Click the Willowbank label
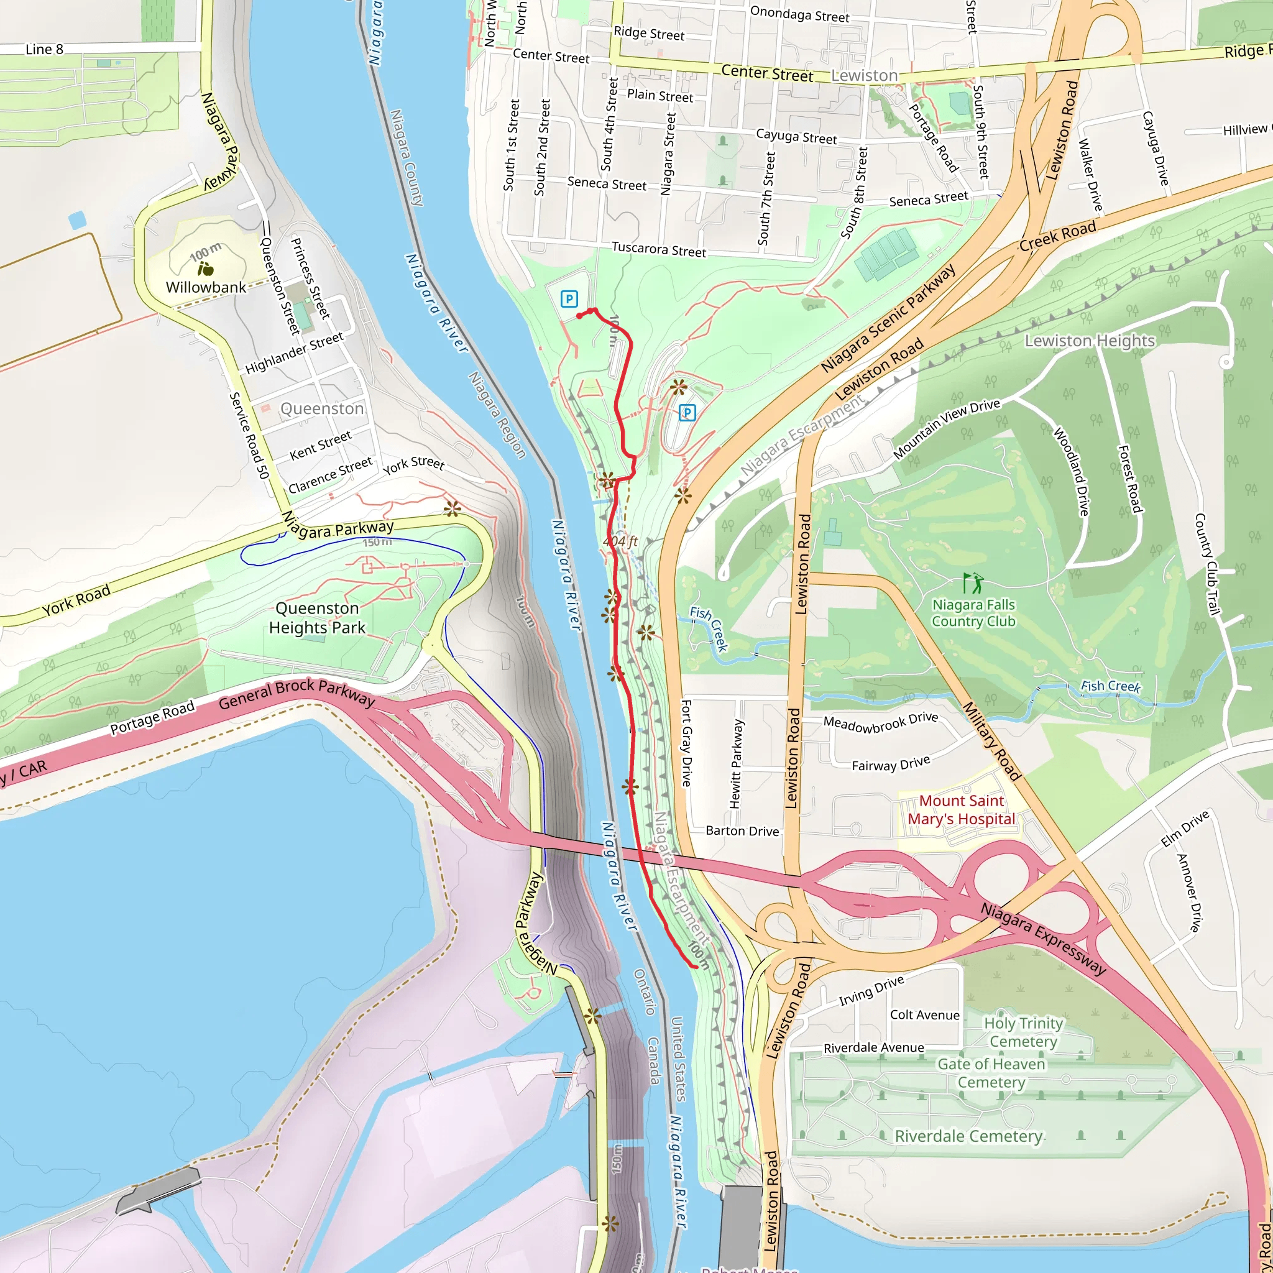(206, 287)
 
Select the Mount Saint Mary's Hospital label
(962, 810)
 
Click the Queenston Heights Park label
(317, 618)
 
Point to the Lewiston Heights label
(1089, 341)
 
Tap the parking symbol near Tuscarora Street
(569, 299)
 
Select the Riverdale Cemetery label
(968, 1136)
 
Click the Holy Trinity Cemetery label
(1023, 1032)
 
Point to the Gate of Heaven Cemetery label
(991, 1073)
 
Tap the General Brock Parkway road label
(296, 692)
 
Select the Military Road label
(991, 742)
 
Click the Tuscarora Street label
(658, 250)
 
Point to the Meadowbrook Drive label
(880, 722)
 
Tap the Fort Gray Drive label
(686, 743)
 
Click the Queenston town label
(321, 409)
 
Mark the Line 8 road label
(44, 50)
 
